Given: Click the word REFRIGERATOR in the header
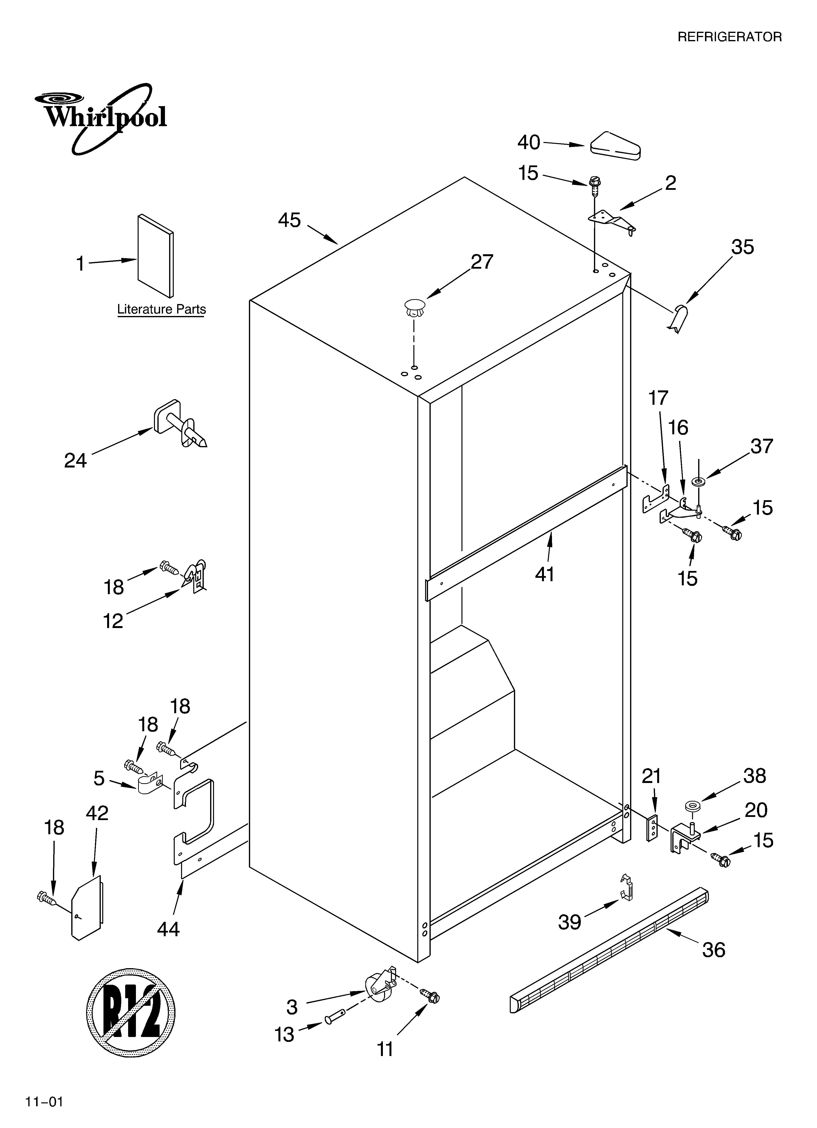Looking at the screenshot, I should coord(729,37).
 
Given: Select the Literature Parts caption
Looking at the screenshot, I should coord(161,309).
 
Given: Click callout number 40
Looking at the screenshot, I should coord(528,143).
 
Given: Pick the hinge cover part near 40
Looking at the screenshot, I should coord(615,147).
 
